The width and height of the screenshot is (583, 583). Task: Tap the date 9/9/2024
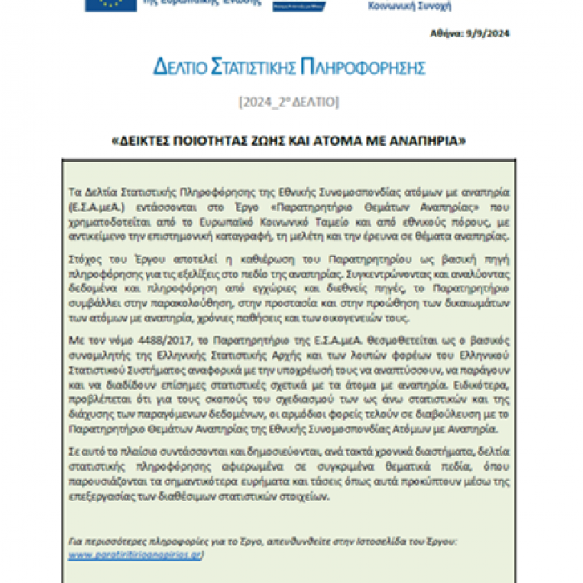[489, 34]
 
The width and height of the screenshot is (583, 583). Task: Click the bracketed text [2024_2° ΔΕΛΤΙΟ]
[288, 103]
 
